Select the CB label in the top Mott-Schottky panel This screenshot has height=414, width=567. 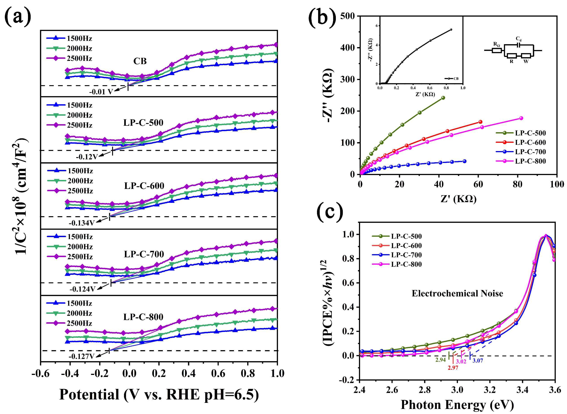pyautogui.click(x=140, y=61)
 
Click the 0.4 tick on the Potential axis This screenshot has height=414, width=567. pyautogui.click(x=189, y=373)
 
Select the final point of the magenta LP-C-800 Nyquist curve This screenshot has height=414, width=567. pyautogui.click(x=521, y=118)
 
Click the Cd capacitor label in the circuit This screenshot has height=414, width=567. pyautogui.click(x=518, y=39)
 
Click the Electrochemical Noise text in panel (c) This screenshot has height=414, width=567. pyautogui.click(x=457, y=294)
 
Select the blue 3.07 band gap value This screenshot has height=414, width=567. pyautogui.click(x=478, y=361)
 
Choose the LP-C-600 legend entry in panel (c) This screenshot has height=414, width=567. pyautogui.click(x=406, y=246)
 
